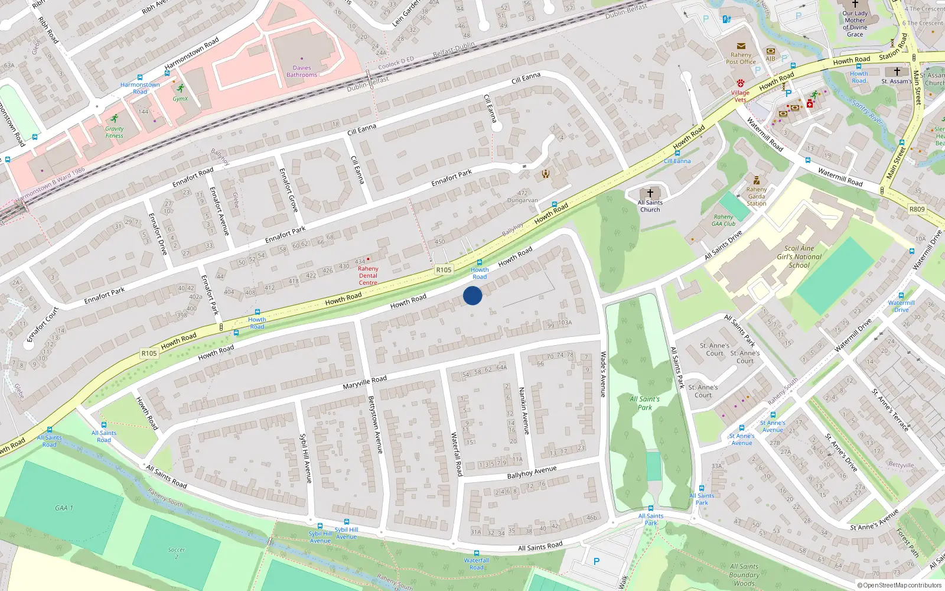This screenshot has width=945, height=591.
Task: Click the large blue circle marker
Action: coord(472,295)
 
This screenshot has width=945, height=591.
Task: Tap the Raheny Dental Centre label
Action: coord(368,275)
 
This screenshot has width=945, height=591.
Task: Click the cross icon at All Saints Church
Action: coord(650,193)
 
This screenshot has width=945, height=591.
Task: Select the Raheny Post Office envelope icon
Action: coord(741,46)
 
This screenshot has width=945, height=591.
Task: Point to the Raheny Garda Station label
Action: coord(756,196)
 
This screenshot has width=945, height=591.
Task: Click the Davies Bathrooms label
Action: coord(302,71)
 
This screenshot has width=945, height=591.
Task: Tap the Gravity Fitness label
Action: coord(115,132)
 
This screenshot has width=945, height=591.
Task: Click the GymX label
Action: coord(180,99)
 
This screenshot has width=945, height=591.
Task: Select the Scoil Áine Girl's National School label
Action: coord(799,256)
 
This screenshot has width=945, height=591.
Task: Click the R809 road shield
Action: coord(917,209)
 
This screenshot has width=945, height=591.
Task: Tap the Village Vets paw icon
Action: coord(741,83)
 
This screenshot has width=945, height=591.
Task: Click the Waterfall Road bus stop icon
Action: coord(477,553)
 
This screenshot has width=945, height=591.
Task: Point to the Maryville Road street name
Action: coord(364,382)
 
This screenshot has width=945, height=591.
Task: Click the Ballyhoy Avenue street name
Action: coord(532,472)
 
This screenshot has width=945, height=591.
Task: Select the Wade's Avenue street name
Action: coord(603,374)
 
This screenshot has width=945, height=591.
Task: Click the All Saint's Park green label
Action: coord(644,403)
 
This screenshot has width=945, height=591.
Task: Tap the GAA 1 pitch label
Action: coord(64,508)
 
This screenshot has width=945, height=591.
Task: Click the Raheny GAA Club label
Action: coord(724,220)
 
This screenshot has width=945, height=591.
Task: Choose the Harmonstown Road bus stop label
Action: coord(140,88)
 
